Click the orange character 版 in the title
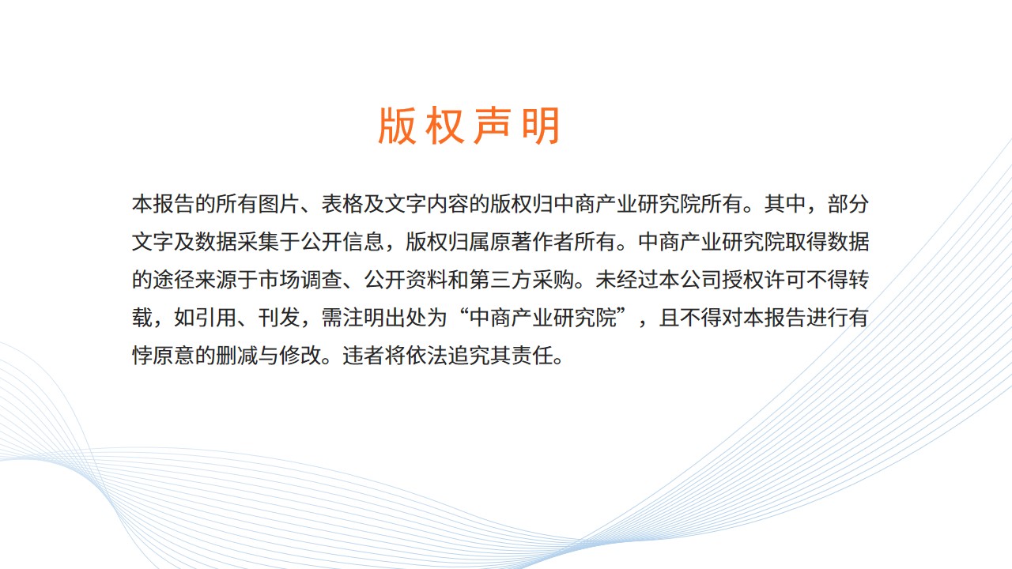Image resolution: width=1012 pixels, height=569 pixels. (x=397, y=126)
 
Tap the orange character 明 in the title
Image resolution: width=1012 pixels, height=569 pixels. (x=541, y=126)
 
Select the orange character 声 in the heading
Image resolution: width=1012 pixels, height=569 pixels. (x=493, y=126)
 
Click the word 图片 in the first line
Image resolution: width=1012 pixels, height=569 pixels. (x=279, y=204)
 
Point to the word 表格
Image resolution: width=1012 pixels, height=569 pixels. (x=342, y=204)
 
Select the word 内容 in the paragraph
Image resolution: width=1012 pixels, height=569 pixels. (x=447, y=204)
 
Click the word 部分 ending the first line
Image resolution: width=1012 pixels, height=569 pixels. (x=848, y=204)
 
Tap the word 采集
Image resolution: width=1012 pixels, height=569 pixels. (x=258, y=242)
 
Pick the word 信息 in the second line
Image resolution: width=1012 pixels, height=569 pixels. (x=363, y=242)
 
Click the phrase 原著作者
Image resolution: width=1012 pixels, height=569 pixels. (x=532, y=242)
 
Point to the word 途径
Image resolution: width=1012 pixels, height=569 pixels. (x=174, y=280)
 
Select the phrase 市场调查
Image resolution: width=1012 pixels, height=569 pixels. (x=300, y=280)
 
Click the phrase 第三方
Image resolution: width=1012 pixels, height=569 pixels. (x=500, y=280)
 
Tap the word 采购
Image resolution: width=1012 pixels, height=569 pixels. (x=553, y=280)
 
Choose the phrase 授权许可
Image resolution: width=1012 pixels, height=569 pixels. (x=764, y=280)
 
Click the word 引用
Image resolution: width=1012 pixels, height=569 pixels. (x=216, y=318)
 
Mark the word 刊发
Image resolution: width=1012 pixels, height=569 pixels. (x=279, y=318)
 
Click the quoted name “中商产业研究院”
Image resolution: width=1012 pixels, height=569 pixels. (x=542, y=318)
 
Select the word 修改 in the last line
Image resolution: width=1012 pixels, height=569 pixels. (x=300, y=356)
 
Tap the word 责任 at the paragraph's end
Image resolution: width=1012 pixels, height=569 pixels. (x=532, y=356)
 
